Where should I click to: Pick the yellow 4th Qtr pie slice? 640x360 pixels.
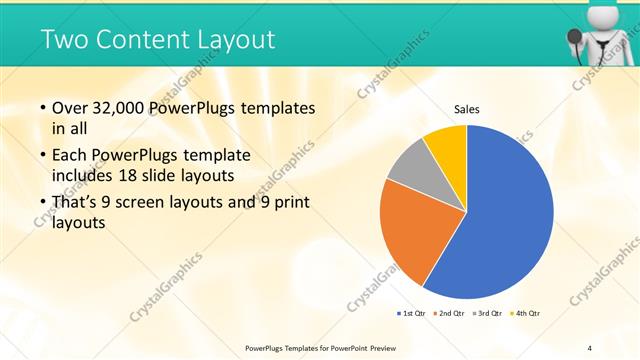click(444, 145)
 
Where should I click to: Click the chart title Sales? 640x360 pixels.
click(467, 108)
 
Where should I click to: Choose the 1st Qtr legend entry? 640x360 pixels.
click(410, 314)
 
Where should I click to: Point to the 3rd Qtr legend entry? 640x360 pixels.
click(487, 314)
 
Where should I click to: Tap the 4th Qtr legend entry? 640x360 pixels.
click(526, 314)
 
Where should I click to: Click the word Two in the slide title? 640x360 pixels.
click(65, 40)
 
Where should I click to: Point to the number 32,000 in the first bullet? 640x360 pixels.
click(125, 107)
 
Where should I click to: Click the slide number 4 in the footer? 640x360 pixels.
click(589, 347)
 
